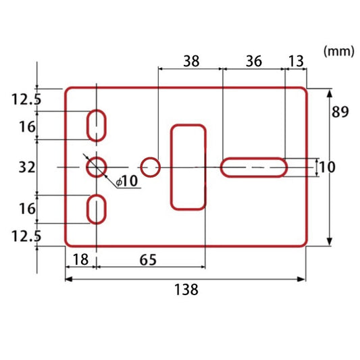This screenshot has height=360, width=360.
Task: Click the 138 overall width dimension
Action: pos(186,290)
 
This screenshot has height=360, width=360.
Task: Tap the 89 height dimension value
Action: pos(340,112)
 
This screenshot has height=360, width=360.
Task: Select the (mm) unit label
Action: pos(338,51)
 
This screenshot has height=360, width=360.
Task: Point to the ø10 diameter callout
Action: pos(126,181)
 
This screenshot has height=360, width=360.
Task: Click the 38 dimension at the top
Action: pos(191,61)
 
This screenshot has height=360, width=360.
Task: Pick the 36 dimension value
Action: pos(254,61)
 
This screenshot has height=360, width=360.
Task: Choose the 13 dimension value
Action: pos(296,61)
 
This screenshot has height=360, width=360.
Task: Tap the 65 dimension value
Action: pos(148,260)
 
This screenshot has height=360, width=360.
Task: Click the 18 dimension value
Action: pos(80,259)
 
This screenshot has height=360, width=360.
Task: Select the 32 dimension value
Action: pos(27,168)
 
